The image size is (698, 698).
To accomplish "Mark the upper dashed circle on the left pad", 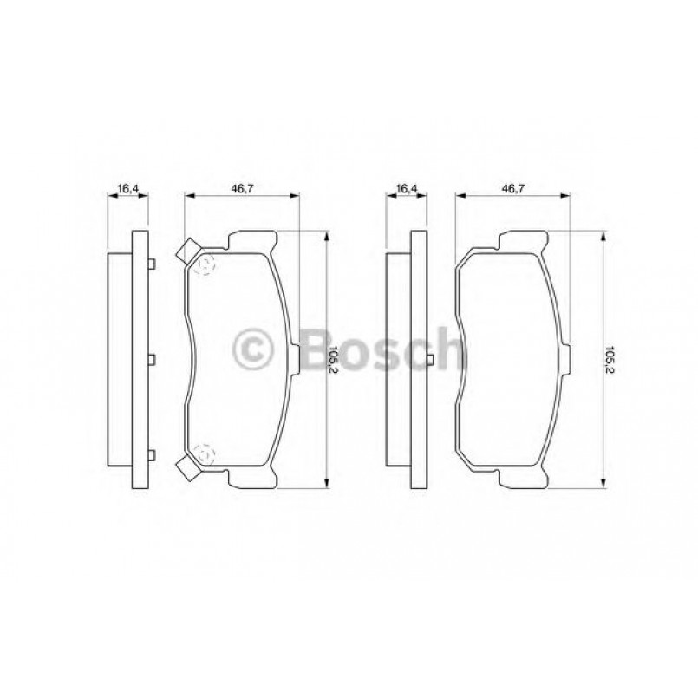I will pyautogui.click(x=205, y=264).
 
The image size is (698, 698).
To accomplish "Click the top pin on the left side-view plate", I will pyautogui.click(x=151, y=264).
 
